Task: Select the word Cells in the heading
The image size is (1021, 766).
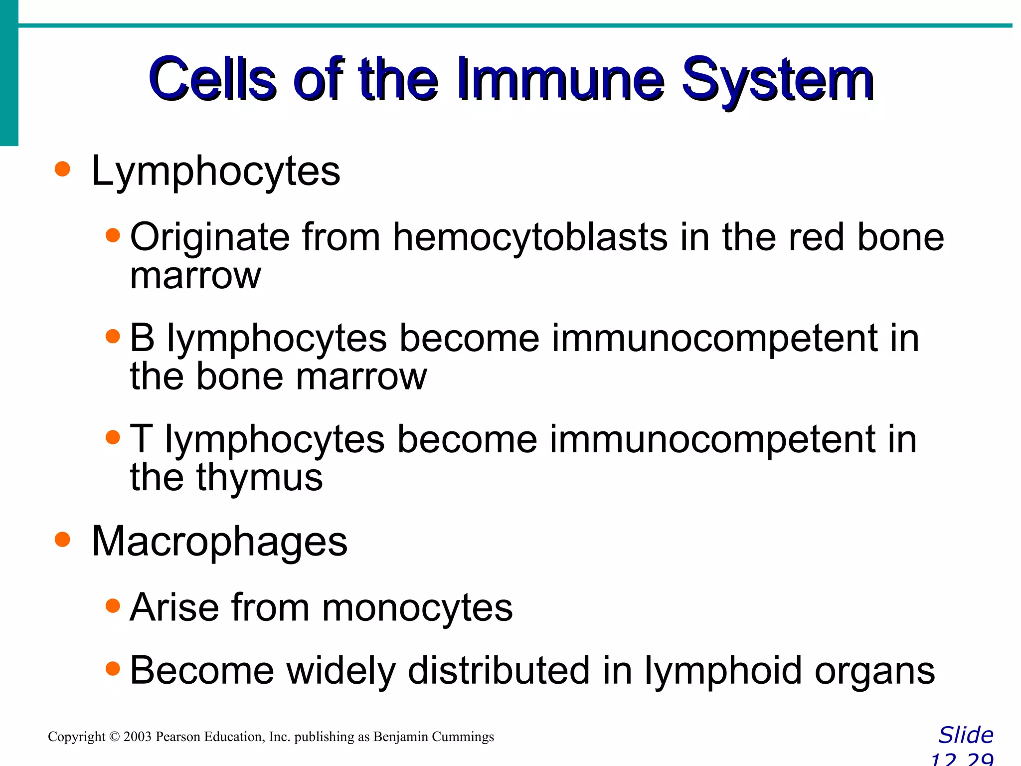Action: point(212,80)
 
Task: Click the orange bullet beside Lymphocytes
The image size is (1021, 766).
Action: point(62,169)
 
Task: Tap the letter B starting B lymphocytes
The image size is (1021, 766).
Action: point(142,338)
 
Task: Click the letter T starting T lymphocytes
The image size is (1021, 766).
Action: point(141,439)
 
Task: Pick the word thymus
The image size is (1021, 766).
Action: point(259,478)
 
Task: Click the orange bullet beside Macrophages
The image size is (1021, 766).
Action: point(62,539)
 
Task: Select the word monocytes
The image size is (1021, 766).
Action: point(417,608)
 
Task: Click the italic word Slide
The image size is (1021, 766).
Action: point(966,736)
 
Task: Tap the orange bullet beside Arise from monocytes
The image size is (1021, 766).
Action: point(113,605)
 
